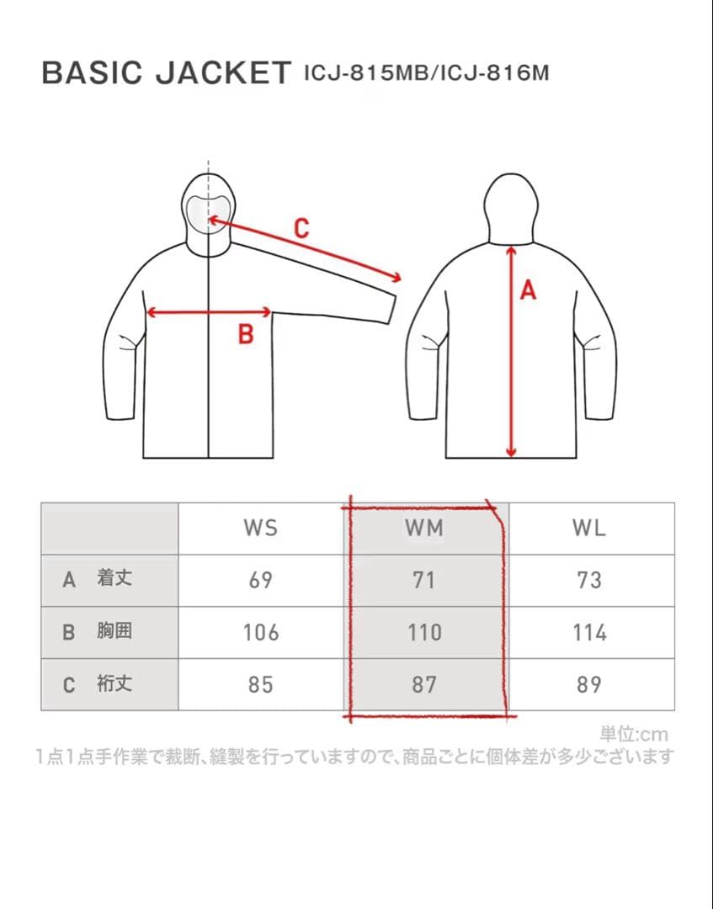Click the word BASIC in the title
coord(92,73)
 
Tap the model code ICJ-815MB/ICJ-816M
coord(426,73)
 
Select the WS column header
coord(261,528)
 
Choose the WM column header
coord(424,528)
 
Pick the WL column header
coord(589,528)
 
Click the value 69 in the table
coord(261,580)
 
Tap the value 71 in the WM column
coord(423,580)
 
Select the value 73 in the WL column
coord(589,580)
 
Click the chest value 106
coord(261,632)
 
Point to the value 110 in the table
coord(424,632)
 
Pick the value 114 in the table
coord(589,632)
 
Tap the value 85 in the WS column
coord(261,684)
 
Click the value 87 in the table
coord(424,684)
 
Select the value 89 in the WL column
coord(589,684)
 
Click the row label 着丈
coord(114,578)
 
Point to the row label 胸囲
coord(114,630)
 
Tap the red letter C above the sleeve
coord(301,228)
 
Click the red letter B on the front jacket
coord(246,334)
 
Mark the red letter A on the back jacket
coord(528,290)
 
